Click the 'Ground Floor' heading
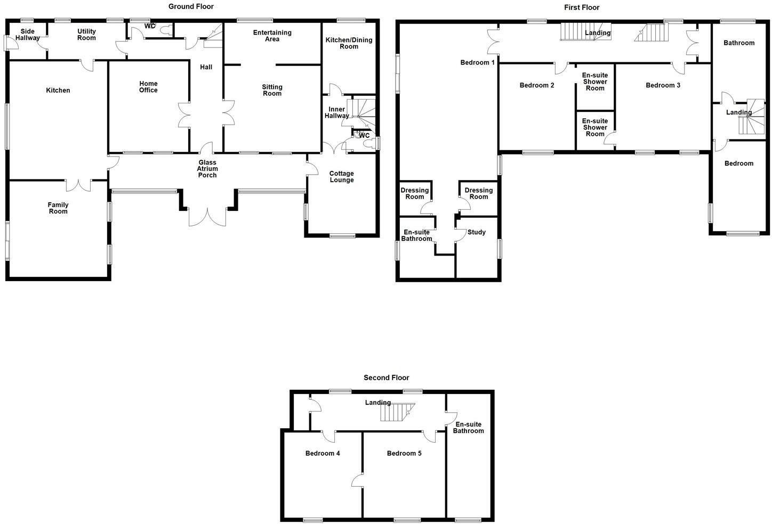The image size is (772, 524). click(x=191, y=7)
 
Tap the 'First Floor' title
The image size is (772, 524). click(x=582, y=7)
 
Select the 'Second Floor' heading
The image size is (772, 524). click(x=386, y=378)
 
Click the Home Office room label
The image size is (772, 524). click(x=148, y=87)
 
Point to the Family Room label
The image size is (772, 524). click(x=58, y=208)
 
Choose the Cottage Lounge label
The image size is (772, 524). click(x=341, y=177)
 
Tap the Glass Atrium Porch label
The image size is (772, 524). click(x=207, y=169)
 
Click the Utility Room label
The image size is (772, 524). click(x=86, y=35)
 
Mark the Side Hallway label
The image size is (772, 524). click(x=27, y=35)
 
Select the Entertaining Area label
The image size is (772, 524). click(x=272, y=36)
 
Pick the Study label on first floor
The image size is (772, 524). click(x=476, y=232)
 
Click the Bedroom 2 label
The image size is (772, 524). click(x=537, y=85)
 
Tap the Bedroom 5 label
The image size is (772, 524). click(x=404, y=453)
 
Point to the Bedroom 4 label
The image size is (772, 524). click(x=323, y=453)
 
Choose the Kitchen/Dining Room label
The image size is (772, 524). click(x=349, y=43)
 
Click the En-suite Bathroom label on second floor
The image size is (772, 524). click(x=468, y=428)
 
